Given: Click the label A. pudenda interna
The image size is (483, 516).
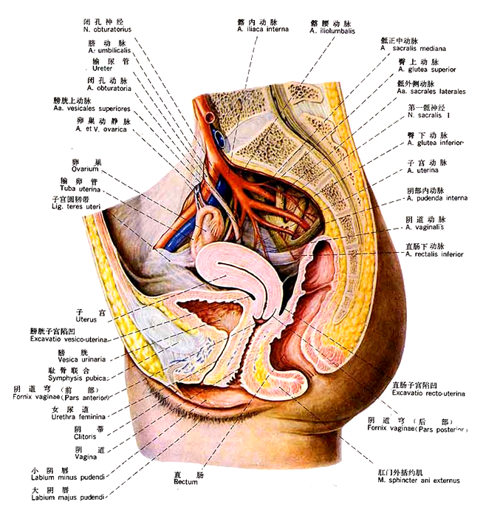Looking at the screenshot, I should pyautogui.click(x=437, y=198).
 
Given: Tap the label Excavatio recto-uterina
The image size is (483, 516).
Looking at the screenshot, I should pyautogui.click(x=428, y=393).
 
